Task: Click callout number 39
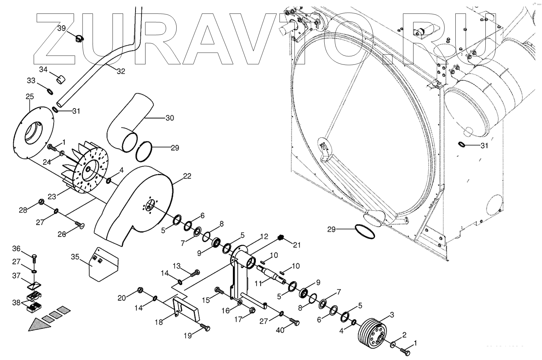61,29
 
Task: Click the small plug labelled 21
281,237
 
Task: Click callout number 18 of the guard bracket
158,322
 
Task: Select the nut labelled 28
41,202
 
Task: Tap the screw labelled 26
79,224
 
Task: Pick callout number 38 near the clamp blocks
16,303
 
